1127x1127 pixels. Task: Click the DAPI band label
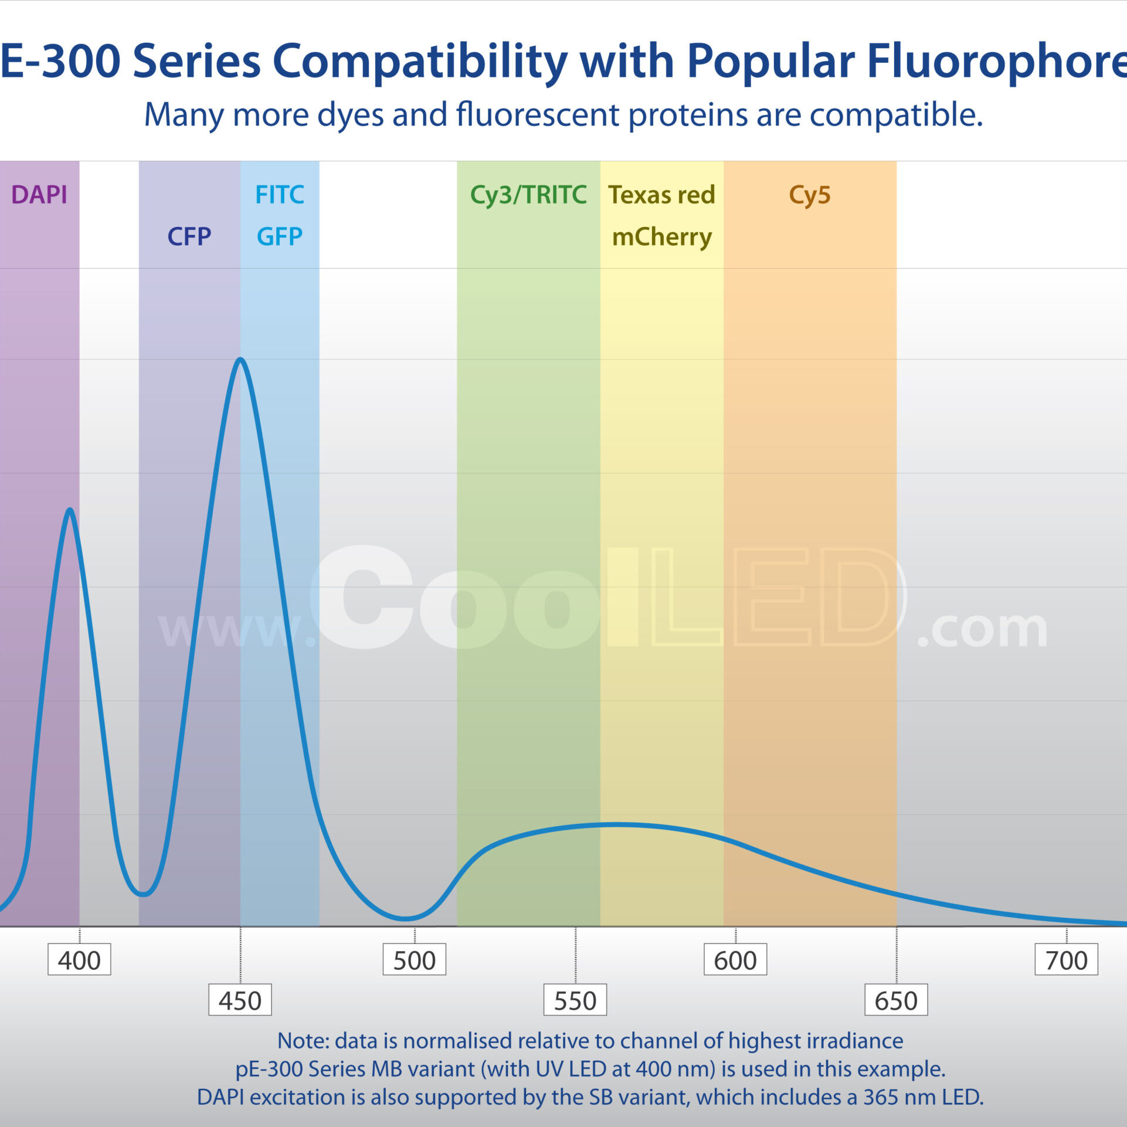tap(39, 195)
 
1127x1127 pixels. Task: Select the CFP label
tap(189, 237)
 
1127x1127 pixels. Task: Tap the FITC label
tap(280, 195)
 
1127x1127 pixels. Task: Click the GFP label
tap(280, 237)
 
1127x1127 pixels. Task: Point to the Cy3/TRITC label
tap(528, 195)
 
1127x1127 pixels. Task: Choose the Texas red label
tap(661, 195)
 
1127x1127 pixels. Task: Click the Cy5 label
tap(810, 195)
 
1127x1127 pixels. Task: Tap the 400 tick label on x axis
tap(79, 960)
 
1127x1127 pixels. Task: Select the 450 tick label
tap(240, 1000)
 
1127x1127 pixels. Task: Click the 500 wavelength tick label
tap(415, 960)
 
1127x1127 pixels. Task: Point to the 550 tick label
tap(575, 1000)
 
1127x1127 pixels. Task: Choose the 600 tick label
tap(735, 960)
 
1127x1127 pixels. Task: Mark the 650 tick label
tap(896, 1000)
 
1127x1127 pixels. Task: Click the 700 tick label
tap(1066, 960)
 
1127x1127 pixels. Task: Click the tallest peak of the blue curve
tap(240, 359)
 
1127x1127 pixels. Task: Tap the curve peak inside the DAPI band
tap(70, 510)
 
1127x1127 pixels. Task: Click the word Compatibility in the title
tap(420, 62)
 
